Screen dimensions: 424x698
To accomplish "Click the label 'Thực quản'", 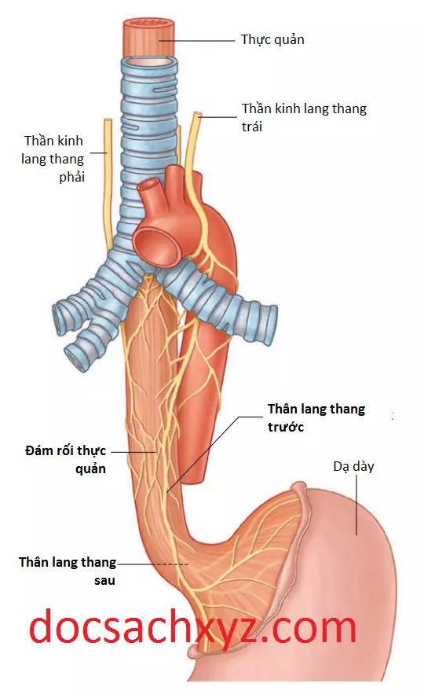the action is (x=272, y=40).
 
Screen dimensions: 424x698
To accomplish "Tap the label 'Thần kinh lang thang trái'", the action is (x=304, y=118).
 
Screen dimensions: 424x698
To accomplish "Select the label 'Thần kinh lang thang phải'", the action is (x=53, y=159).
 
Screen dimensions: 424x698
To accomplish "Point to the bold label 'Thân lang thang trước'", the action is (x=316, y=417).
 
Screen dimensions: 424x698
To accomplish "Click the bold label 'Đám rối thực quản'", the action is (x=65, y=459).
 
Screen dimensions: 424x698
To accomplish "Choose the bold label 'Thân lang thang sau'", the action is (x=67, y=571).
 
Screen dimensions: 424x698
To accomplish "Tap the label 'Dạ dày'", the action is (x=353, y=467).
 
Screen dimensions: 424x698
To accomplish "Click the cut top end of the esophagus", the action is (x=148, y=23).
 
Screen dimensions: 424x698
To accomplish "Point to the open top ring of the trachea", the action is (x=149, y=62).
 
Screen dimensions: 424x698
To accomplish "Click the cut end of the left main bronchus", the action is (x=269, y=325).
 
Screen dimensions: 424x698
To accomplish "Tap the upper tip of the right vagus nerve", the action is (x=107, y=120).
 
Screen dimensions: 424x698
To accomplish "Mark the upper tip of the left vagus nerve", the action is (x=197, y=114).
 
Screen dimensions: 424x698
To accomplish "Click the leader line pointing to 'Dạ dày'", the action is (x=356, y=505).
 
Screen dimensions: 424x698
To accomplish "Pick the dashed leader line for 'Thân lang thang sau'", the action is (x=153, y=564).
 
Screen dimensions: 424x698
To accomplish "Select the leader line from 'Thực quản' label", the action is (x=196, y=41).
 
